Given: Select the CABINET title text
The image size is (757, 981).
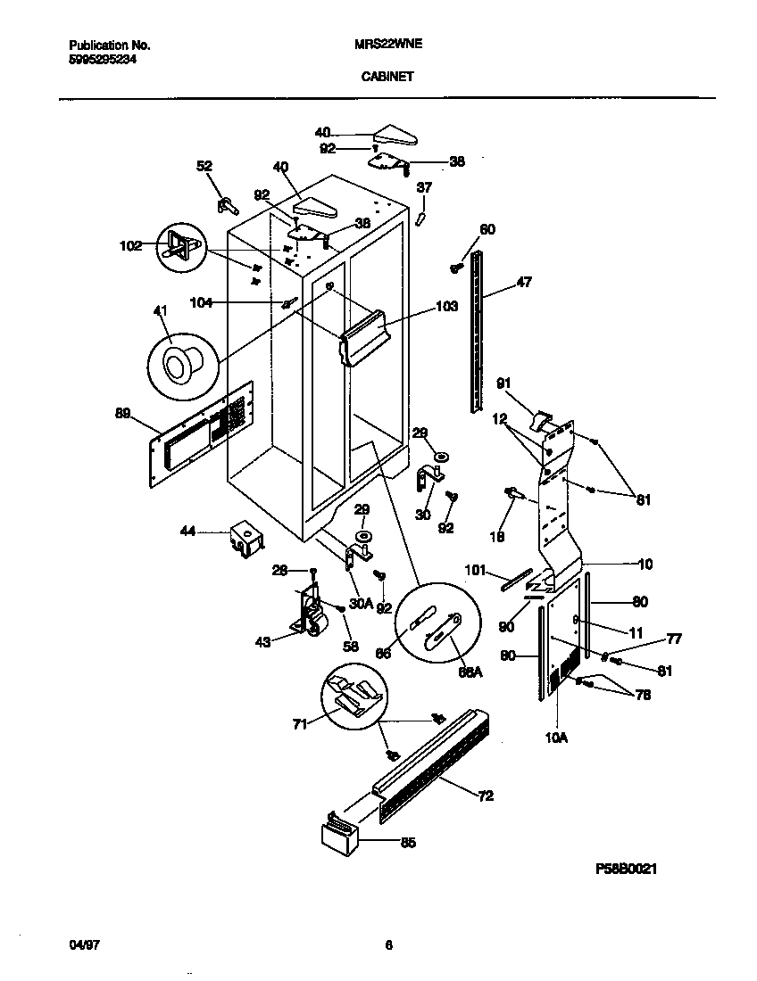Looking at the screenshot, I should [x=387, y=77].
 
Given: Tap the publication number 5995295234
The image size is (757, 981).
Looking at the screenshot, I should [x=103, y=59].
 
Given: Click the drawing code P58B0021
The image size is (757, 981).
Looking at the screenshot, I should [x=627, y=868].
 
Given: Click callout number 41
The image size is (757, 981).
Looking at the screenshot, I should [x=161, y=310].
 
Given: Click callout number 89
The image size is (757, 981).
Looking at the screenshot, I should [x=122, y=413].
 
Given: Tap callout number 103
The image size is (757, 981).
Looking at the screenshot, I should [x=446, y=307].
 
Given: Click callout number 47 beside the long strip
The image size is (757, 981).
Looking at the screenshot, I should [x=524, y=284].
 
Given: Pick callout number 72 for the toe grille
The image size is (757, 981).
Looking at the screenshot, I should [x=486, y=796].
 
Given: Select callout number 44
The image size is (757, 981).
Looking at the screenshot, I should [x=187, y=532].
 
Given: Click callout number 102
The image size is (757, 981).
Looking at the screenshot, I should [x=130, y=245].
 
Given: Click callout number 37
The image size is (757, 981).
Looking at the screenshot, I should [x=424, y=187].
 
